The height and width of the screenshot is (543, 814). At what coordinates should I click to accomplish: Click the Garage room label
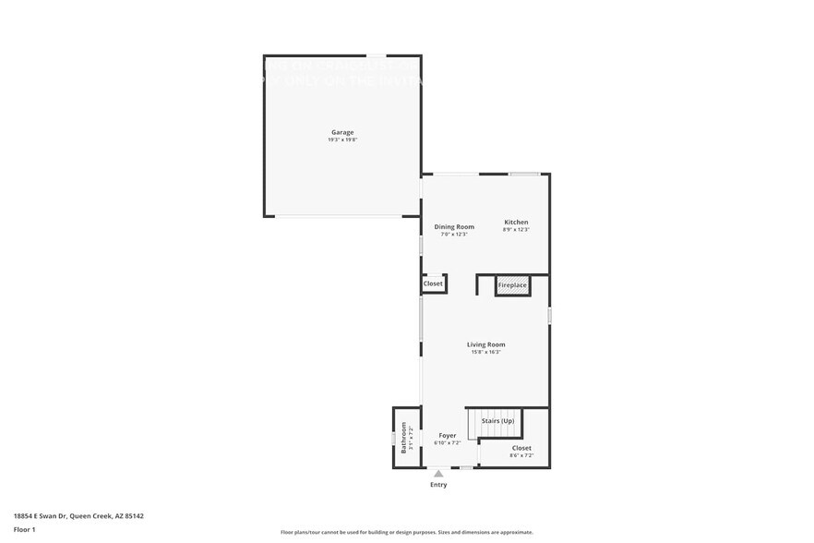342,132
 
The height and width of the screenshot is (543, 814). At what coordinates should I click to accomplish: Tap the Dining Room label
454,226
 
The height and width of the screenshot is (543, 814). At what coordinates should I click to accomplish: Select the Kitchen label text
516,222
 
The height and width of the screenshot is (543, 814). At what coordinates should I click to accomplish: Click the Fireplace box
512,285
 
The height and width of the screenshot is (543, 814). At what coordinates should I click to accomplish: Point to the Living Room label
485,344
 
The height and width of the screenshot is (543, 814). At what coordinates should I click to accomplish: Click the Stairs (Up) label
497,421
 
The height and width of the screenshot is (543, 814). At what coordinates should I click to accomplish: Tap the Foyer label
447,435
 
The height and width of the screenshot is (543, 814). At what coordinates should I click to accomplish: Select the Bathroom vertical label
403,437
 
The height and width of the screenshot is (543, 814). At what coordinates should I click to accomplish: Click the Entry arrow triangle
438,474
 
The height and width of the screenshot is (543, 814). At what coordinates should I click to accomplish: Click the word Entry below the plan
438,484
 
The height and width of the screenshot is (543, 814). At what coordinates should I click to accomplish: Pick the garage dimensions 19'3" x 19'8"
341,139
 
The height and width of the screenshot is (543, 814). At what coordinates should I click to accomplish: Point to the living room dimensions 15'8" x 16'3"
485,352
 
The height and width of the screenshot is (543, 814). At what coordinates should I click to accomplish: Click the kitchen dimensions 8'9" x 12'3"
516,229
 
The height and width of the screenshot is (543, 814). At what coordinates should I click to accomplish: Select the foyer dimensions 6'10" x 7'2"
447,442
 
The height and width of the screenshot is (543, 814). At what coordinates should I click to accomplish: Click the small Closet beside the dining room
433,284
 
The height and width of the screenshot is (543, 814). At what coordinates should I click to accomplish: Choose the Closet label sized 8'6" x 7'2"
521,448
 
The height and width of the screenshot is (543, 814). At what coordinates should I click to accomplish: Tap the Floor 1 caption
25,529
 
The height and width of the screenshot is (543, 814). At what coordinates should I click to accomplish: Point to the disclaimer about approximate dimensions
407,532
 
